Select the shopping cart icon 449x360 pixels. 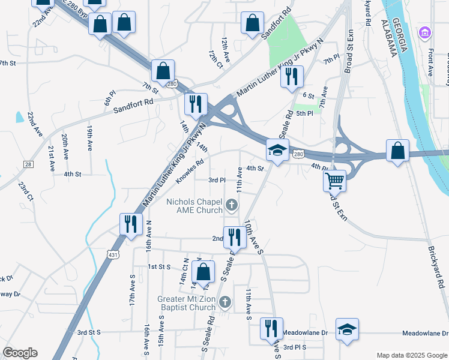point(334,180)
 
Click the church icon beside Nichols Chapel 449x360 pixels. point(231,206)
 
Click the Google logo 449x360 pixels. point(20,352)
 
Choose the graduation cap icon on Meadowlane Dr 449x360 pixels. point(346,329)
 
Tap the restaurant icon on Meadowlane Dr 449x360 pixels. point(271,328)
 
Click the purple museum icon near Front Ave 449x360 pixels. point(425,31)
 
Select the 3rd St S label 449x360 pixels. point(89,332)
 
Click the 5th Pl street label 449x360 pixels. point(305,113)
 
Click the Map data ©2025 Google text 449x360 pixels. point(411,355)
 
